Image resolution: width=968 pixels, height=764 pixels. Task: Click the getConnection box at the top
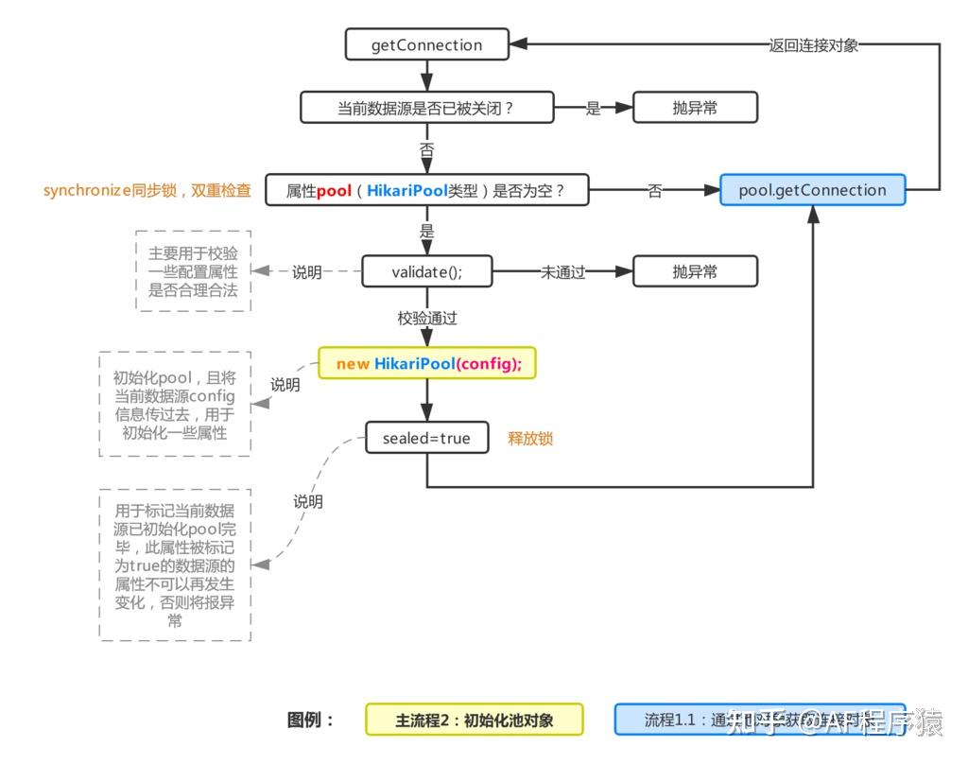pos(426,44)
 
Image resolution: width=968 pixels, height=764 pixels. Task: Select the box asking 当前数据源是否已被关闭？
pos(425,108)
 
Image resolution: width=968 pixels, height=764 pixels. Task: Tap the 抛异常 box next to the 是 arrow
pos(695,108)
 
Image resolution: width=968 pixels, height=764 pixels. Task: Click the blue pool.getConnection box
pos(812,190)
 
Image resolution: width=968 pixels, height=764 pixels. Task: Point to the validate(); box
pos(426,272)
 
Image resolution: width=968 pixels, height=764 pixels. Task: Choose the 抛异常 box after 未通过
pos(695,272)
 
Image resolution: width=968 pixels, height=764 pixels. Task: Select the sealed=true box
pos(426,438)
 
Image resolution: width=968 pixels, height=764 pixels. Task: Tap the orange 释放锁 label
pos(530,439)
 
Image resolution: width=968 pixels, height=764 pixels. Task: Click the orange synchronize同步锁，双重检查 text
pos(147,190)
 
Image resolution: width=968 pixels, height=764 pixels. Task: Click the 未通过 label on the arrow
pos(562,272)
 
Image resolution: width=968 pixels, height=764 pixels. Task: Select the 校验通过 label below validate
pos(426,318)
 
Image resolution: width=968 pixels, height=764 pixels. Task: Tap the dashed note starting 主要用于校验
pos(193,271)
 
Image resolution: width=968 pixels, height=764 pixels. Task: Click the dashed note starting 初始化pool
pos(174,404)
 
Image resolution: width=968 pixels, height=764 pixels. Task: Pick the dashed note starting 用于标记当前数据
pos(174,565)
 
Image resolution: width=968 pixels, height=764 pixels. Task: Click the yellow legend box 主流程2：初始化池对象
pos(474,720)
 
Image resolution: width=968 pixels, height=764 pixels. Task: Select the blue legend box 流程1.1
pos(759,720)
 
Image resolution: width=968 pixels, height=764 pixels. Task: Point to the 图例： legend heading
pos(311,720)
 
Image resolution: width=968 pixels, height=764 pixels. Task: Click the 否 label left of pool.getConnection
pos(654,191)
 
